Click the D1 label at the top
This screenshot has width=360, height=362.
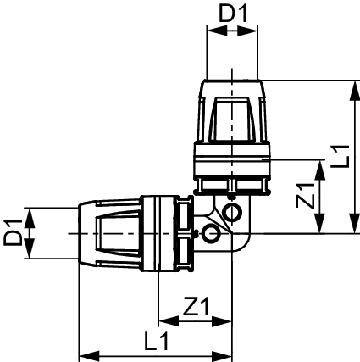pos(233,14)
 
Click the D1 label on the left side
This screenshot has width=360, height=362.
pos(13,233)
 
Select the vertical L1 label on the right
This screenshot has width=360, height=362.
pos(341,156)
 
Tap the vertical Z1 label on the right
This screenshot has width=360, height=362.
pos(305,196)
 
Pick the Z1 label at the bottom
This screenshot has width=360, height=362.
pos(197,306)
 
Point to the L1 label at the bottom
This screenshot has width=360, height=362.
pos(157,341)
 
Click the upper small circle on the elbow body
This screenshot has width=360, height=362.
pos(232,212)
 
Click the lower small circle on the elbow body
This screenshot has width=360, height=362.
pos(211,233)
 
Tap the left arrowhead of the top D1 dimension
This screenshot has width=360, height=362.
pos(217,31)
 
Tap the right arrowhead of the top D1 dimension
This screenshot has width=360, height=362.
pos(247,31)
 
